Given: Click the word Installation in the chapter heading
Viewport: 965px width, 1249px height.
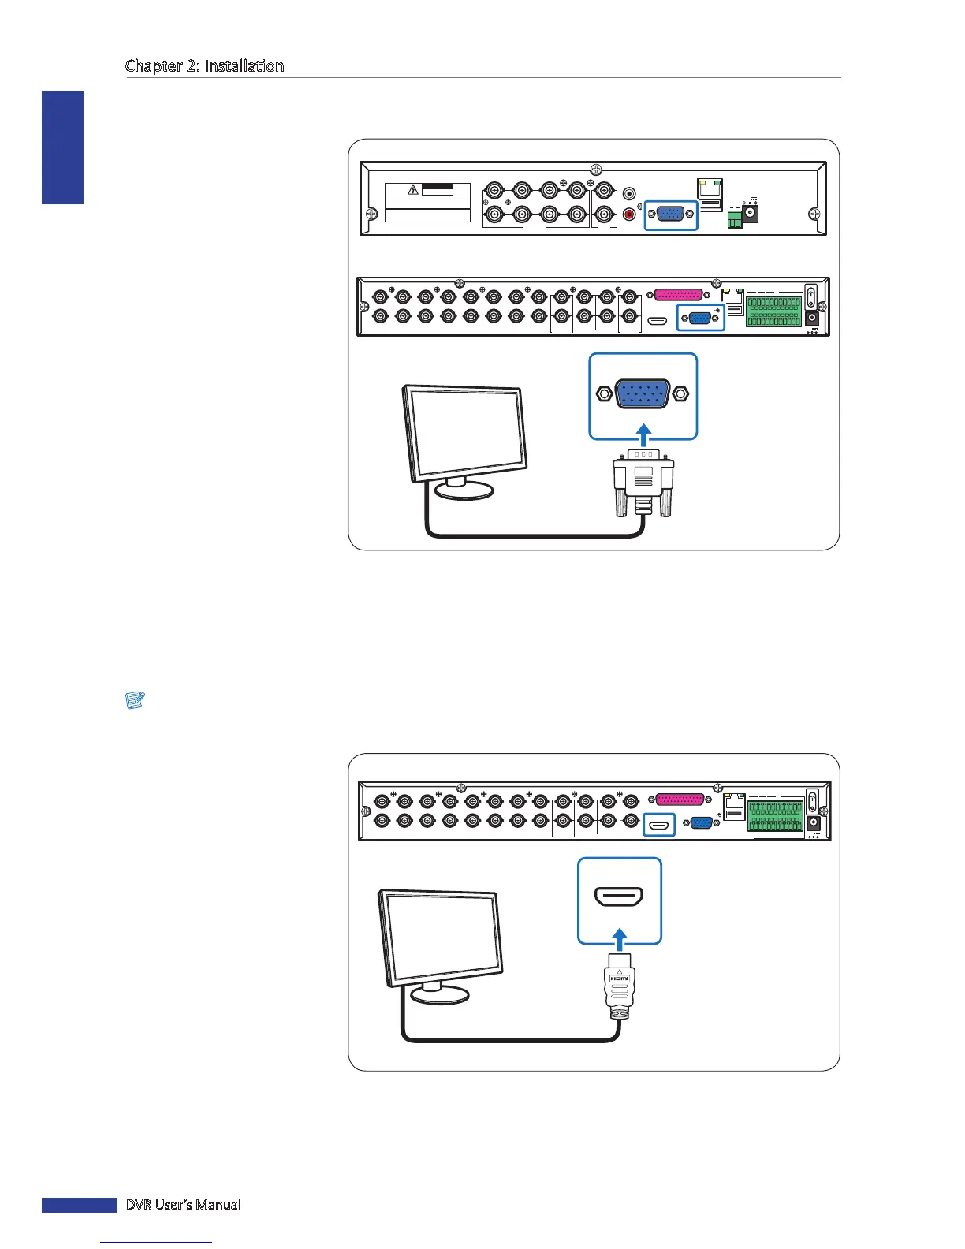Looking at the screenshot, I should (244, 66).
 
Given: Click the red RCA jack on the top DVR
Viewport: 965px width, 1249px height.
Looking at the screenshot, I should (629, 214).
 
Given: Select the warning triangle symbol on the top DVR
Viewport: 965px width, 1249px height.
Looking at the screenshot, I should (412, 190).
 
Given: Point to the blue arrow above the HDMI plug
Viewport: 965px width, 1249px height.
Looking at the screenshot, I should (620, 939).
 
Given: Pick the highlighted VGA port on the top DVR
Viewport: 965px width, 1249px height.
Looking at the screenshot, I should (670, 214).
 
